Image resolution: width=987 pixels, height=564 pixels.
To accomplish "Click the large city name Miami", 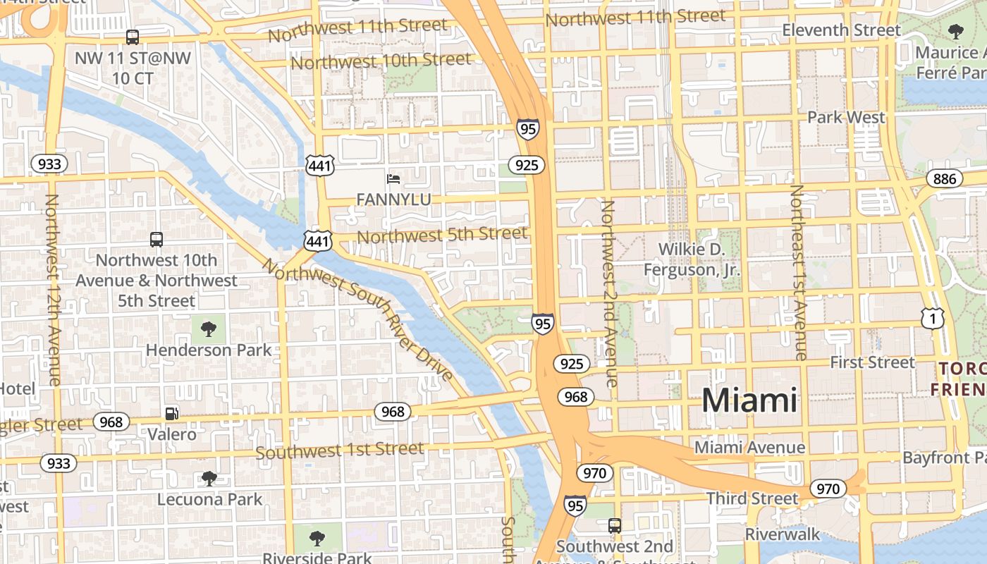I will pyautogui.click(x=749, y=400).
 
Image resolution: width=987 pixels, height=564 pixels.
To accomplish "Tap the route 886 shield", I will pyautogui.click(x=944, y=178).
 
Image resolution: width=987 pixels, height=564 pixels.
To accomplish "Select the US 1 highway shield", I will pyautogui.click(x=932, y=319).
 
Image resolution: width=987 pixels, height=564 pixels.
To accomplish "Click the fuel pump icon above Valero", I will pyautogui.click(x=171, y=414).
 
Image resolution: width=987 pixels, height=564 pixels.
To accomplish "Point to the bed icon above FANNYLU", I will pyautogui.click(x=393, y=179).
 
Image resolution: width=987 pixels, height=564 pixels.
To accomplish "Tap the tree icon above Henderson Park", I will pyautogui.click(x=208, y=329).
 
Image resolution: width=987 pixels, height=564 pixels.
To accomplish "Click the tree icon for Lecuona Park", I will pyautogui.click(x=209, y=479).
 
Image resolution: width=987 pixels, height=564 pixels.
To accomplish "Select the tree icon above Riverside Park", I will pyautogui.click(x=317, y=539).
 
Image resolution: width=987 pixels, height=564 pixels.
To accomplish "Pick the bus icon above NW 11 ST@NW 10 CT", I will pyautogui.click(x=133, y=37).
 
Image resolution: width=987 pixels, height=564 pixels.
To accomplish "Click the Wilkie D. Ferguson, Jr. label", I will pyautogui.click(x=691, y=259).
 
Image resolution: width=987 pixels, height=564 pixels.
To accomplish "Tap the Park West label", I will pyautogui.click(x=845, y=117).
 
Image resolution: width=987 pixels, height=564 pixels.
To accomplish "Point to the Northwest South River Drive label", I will pyautogui.click(x=358, y=319).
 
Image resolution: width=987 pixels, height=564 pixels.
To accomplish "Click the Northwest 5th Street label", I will pyautogui.click(x=442, y=234).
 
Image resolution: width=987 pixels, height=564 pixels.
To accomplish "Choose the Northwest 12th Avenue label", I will pyautogui.click(x=52, y=289).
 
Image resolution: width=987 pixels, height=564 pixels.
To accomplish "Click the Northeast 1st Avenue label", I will pyautogui.click(x=798, y=272).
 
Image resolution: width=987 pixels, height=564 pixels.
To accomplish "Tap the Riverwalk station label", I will pyautogui.click(x=783, y=534).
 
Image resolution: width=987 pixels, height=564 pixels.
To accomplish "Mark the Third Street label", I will pyautogui.click(x=752, y=498).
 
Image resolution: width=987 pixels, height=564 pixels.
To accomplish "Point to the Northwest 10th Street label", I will pyautogui.click(x=381, y=61).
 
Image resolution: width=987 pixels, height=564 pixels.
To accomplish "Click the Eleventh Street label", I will pyautogui.click(x=841, y=30).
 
